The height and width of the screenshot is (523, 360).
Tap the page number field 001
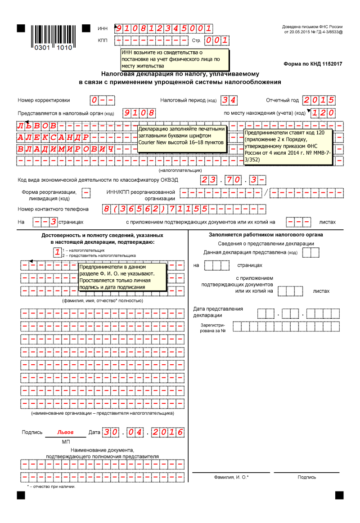coord(217,41)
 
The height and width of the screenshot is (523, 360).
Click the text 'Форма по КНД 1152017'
coord(313,64)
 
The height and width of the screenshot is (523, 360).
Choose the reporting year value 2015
coord(319,100)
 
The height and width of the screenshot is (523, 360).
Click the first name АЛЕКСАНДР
coord(54,137)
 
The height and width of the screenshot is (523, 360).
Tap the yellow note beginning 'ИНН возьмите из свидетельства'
coord(175,59)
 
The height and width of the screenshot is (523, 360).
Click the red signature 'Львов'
coord(65,432)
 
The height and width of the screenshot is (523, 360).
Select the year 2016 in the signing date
coord(167,433)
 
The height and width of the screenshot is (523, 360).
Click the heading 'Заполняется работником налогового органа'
coord(265,235)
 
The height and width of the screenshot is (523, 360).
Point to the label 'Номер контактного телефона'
coord(53,209)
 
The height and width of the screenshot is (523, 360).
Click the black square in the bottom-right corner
coord(339,495)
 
